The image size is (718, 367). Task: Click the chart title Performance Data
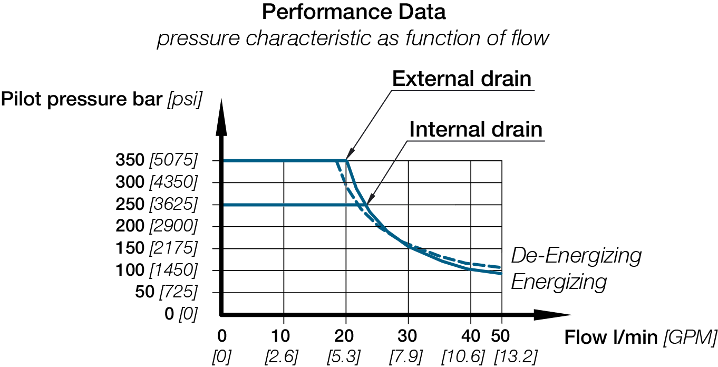(x=354, y=13)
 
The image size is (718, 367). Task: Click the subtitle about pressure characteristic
(x=353, y=38)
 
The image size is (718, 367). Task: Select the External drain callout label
(x=462, y=79)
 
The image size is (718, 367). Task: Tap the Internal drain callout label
(x=476, y=129)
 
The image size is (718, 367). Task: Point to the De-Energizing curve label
(x=577, y=256)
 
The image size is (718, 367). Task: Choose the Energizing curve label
(x=559, y=282)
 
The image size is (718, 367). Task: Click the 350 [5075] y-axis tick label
(x=156, y=160)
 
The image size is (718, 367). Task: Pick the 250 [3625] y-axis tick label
(x=156, y=204)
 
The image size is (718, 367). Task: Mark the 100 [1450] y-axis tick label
(x=156, y=270)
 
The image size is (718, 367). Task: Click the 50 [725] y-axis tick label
(x=166, y=292)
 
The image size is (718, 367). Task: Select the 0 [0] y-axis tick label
(x=180, y=314)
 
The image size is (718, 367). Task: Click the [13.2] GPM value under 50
(x=516, y=357)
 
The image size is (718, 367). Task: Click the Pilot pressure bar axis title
(x=101, y=100)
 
